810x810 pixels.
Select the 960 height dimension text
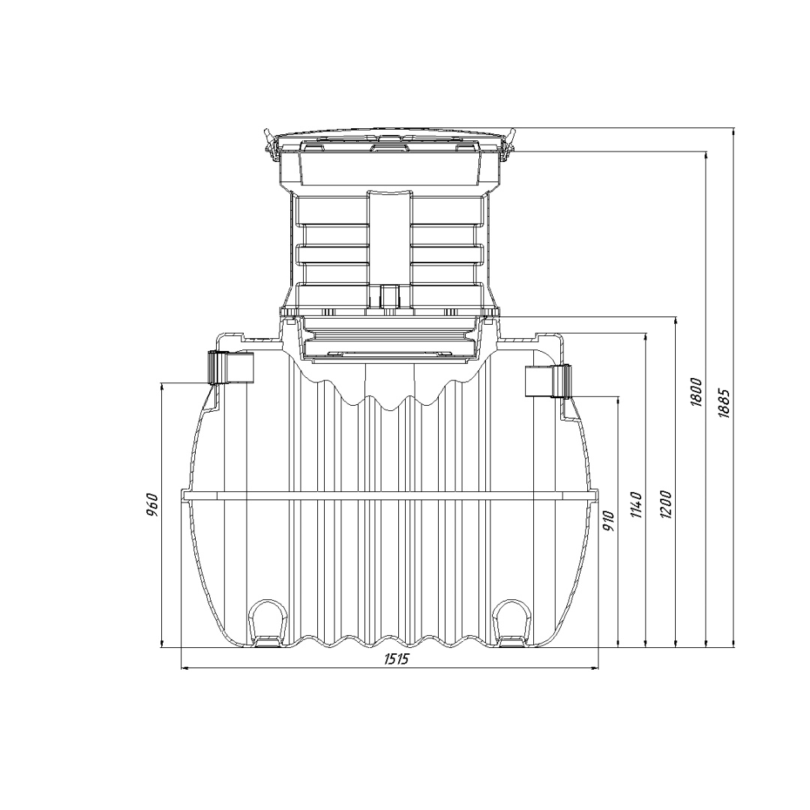151,505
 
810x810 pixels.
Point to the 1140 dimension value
637,505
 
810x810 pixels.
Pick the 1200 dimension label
666,505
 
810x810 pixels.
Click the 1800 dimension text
696,392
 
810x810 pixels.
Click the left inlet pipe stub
231,367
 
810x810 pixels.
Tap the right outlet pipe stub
548,381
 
